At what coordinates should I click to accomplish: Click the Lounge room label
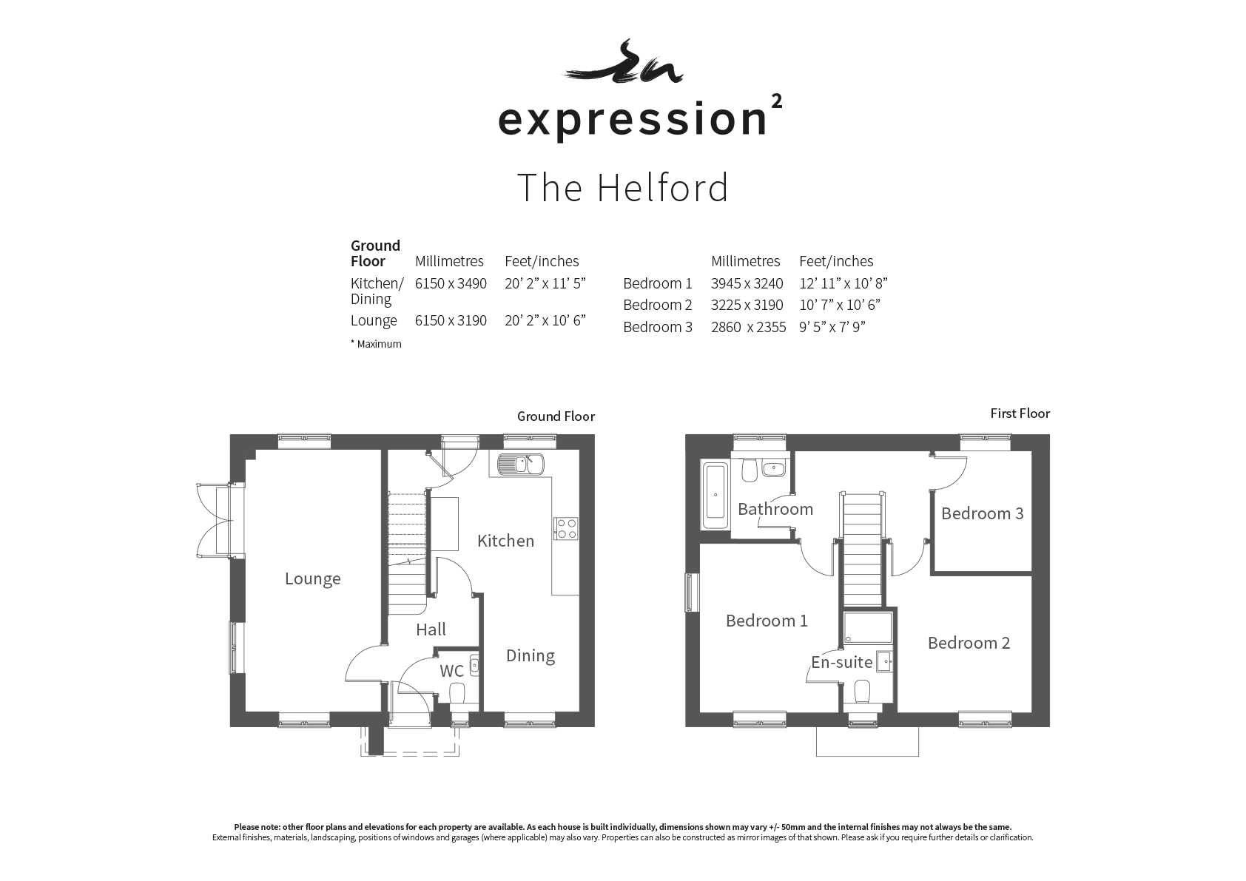[313, 579]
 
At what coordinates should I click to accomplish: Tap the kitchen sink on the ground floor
[521, 464]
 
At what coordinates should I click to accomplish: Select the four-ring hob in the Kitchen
[566, 528]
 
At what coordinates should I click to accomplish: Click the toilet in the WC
[457, 694]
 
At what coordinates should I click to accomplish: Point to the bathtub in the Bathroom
[715, 496]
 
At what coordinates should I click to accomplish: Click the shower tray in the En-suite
[868, 628]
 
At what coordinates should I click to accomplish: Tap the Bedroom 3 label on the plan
[983, 513]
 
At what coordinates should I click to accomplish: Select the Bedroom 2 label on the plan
[969, 643]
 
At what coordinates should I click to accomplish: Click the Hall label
[431, 629]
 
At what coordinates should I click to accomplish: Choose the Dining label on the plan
[530, 655]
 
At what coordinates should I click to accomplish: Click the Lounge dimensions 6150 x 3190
[451, 320]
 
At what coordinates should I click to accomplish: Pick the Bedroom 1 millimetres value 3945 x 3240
[747, 283]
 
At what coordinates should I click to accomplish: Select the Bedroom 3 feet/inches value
[832, 326]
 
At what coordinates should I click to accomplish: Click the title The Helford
[622, 187]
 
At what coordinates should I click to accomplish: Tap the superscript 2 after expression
[776, 101]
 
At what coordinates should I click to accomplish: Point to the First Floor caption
[1020, 414]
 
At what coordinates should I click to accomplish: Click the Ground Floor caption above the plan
[556, 416]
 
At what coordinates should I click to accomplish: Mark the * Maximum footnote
[376, 344]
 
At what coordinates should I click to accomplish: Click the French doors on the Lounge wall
[220, 520]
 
